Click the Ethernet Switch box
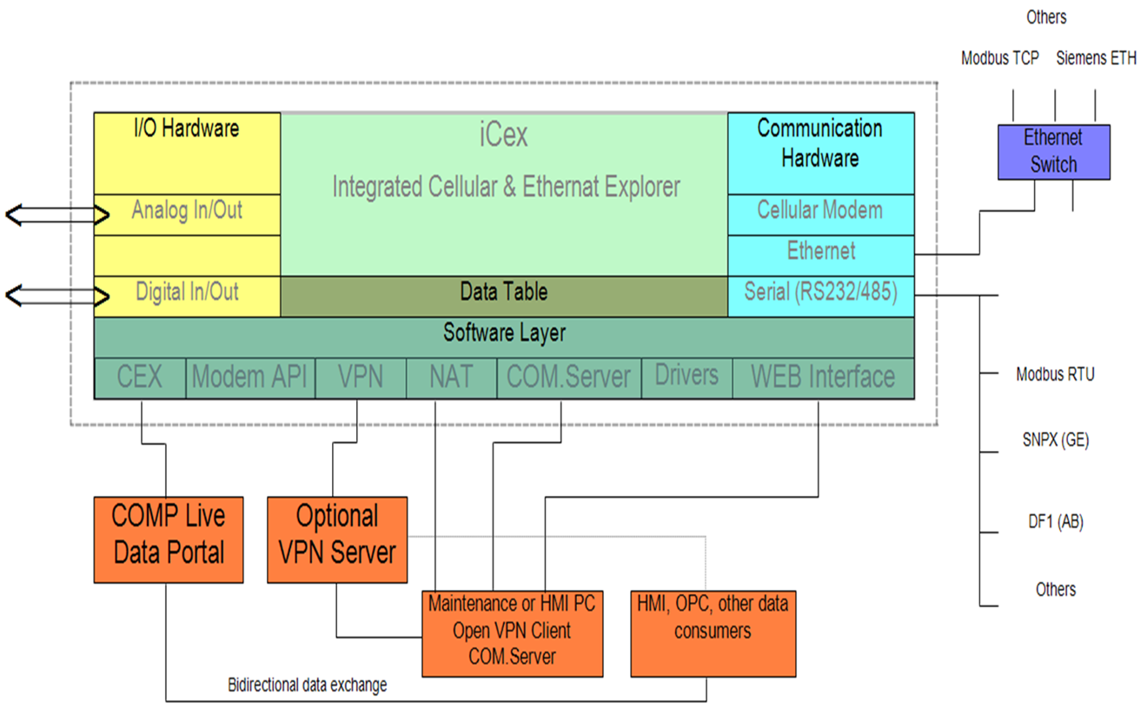tap(1053, 151)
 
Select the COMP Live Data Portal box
tap(169, 539)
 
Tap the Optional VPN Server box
tap(337, 539)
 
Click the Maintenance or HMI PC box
tap(512, 633)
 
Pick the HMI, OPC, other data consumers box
tap(713, 633)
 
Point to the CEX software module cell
tap(140, 377)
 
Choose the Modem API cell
tap(249, 377)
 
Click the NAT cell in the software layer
tap(451, 377)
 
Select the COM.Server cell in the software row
tap(568, 377)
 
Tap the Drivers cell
tap(686, 377)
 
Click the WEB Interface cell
tap(822, 377)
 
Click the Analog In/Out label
tap(187, 210)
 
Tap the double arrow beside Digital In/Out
tap(57, 295)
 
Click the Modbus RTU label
tap(1055, 374)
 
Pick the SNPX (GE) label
tap(1055, 440)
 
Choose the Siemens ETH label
tap(1096, 59)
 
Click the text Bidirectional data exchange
tap(307, 685)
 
